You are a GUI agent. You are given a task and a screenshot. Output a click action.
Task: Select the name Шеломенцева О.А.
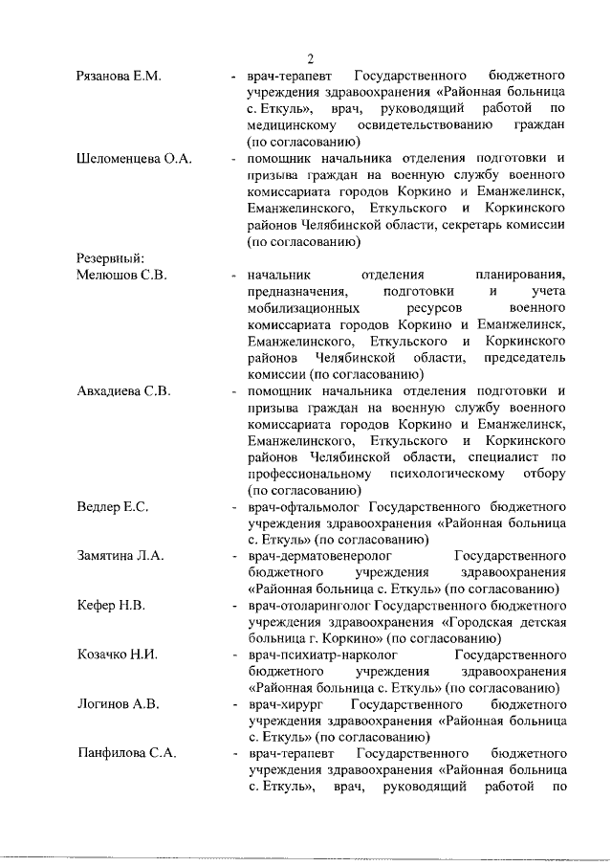tap(134, 158)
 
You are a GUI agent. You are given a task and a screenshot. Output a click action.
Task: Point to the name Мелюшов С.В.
tap(121, 276)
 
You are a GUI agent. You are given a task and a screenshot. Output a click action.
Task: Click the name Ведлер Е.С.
tap(112, 507)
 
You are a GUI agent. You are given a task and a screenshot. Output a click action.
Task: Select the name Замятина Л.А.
tap(120, 557)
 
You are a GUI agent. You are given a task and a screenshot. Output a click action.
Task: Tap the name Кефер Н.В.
tap(111, 607)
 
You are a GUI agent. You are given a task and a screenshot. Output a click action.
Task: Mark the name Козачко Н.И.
tap(118, 656)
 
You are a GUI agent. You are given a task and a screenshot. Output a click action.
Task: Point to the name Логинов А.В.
tap(118, 706)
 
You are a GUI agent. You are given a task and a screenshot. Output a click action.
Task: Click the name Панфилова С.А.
tap(126, 756)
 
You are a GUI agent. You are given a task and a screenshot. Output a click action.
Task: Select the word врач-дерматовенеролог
tap(320, 557)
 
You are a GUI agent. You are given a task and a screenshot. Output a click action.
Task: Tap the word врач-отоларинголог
tap(309, 607)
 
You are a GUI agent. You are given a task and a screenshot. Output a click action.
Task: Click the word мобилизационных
tap(303, 309)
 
